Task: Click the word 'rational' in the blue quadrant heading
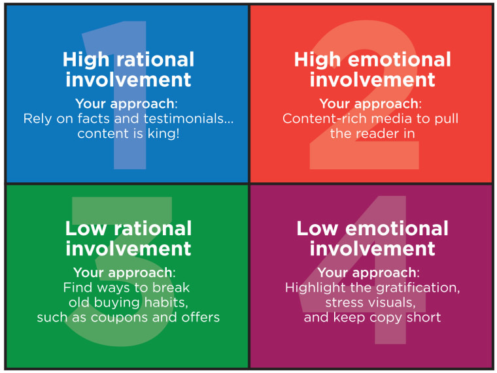pos(156,59)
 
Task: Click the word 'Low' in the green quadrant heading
pos(85,228)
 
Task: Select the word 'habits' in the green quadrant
pos(165,302)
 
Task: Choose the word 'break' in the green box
pos(171,287)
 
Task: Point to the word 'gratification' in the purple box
pos(417,288)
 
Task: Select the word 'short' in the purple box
pos(424,317)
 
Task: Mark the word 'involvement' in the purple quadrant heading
pos(373,249)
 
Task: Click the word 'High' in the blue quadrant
pos(86,60)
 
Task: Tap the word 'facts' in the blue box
pos(94,118)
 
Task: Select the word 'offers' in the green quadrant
pos(201,317)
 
